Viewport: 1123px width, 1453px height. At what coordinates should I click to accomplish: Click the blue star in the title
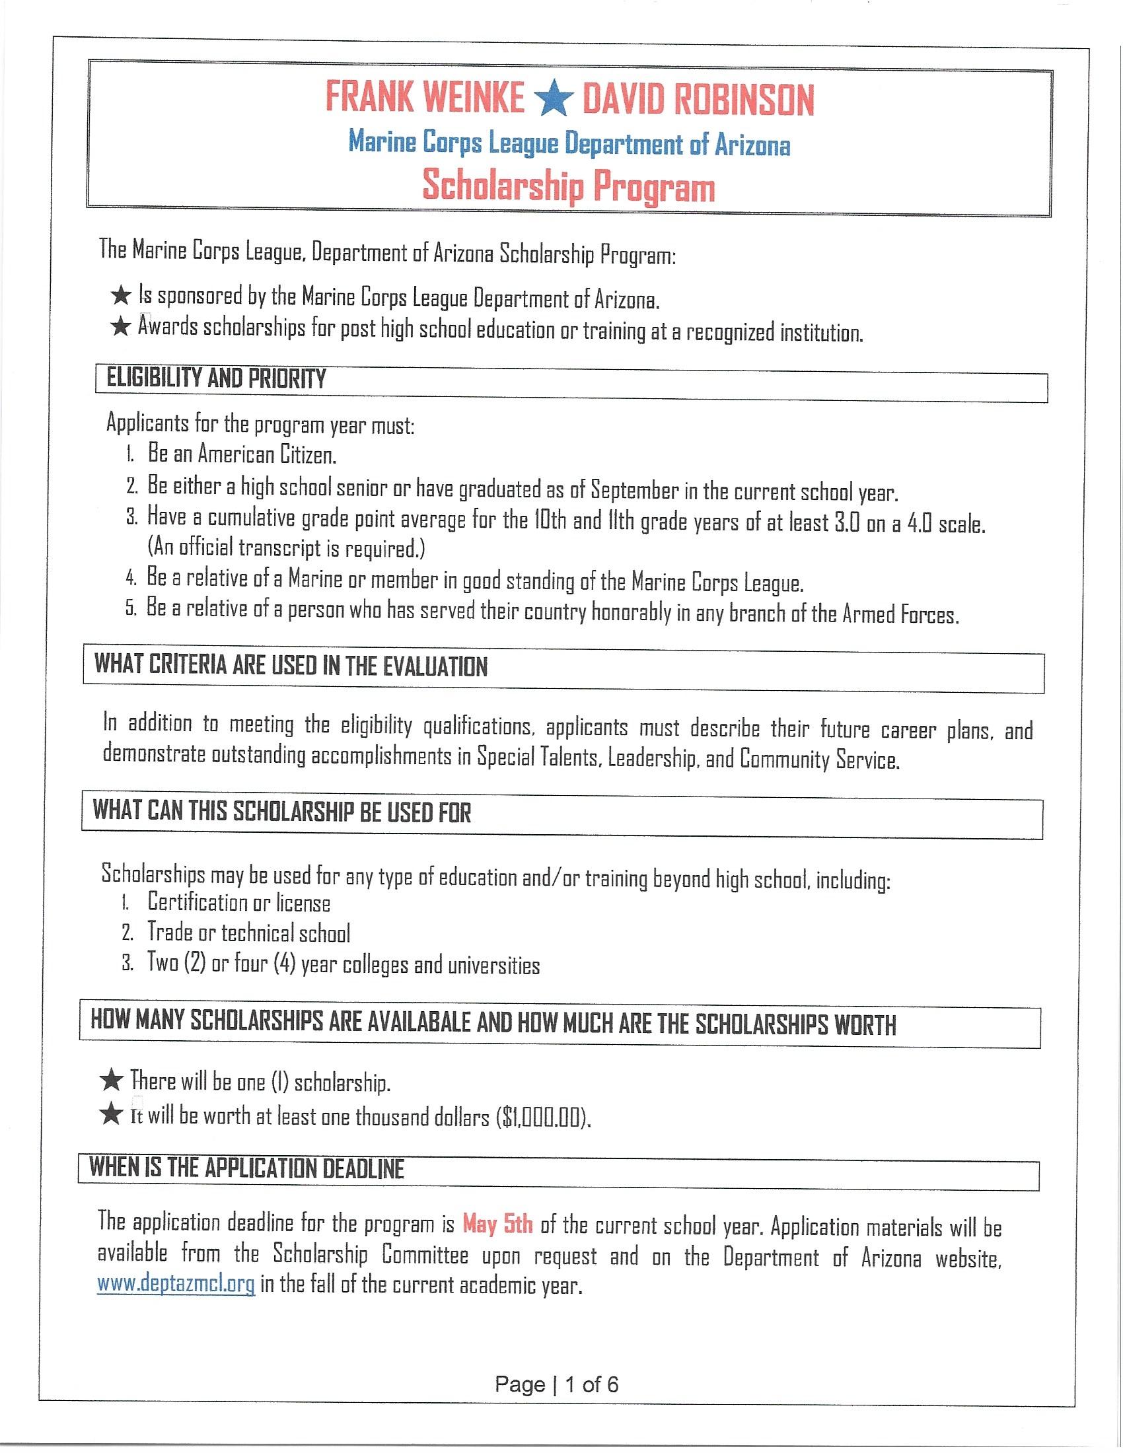point(554,100)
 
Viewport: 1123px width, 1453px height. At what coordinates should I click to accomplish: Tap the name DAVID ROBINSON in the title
point(698,100)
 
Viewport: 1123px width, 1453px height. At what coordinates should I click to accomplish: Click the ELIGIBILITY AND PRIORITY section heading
point(217,379)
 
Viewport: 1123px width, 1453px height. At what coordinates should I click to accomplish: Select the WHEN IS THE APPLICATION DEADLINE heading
point(247,1169)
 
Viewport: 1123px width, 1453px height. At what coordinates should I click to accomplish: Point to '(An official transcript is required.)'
point(286,548)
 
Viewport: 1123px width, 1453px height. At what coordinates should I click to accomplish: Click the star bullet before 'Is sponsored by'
point(120,295)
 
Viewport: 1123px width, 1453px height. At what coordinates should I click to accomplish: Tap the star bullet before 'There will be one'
point(110,1081)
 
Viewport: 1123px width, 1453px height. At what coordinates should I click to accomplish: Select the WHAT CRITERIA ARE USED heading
point(291,666)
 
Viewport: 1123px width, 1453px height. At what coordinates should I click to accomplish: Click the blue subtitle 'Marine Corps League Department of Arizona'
point(569,144)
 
